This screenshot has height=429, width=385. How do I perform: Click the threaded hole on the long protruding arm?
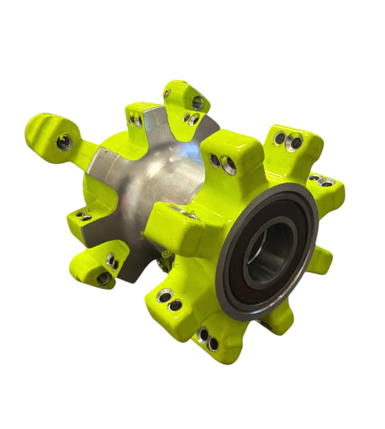click(64, 143)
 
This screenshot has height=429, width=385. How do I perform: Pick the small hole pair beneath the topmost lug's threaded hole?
click(190, 118)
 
